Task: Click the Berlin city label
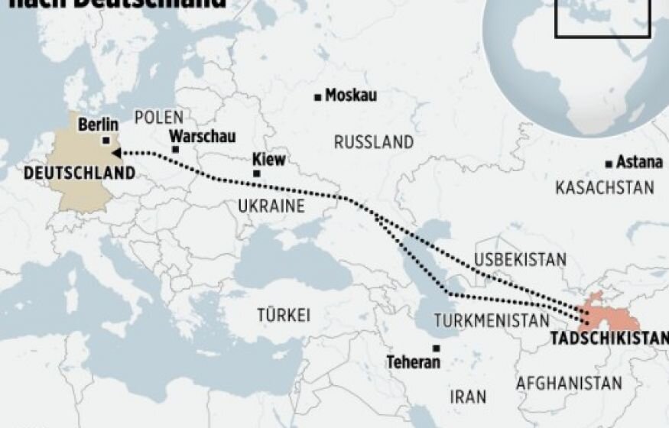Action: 98,125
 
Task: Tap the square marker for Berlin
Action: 106,140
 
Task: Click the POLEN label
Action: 159,117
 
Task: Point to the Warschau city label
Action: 202,136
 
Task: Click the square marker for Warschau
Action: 175,149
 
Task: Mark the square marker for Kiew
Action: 256,173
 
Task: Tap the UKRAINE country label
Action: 271,206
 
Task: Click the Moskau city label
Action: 351,96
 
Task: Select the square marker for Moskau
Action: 317,96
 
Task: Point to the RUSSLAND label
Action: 374,142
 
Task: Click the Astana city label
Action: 639,163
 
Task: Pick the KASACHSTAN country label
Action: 605,188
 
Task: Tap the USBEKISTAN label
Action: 521,259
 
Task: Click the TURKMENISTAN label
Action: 492,320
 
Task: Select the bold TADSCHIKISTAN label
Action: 609,339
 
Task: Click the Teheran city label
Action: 413,362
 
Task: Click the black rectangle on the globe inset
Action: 602,18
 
